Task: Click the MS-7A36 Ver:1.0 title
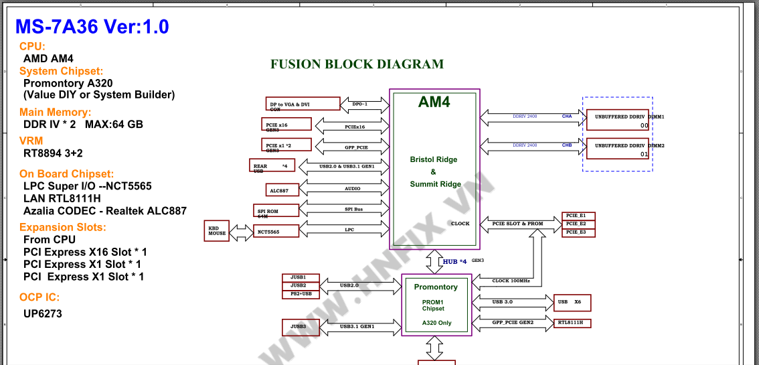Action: click(92, 27)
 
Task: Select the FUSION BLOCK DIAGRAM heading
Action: click(357, 64)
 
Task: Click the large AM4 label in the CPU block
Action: click(434, 102)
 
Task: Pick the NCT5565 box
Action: click(275, 232)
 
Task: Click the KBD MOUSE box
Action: click(217, 231)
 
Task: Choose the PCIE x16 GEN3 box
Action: click(286, 124)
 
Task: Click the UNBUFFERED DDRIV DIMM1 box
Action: click(617, 120)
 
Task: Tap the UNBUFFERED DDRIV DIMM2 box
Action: click(617, 149)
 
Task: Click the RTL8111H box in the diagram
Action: click(572, 323)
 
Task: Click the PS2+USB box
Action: click(301, 294)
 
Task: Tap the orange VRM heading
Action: click(31, 141)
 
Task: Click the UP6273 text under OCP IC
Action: click(43, 313)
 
